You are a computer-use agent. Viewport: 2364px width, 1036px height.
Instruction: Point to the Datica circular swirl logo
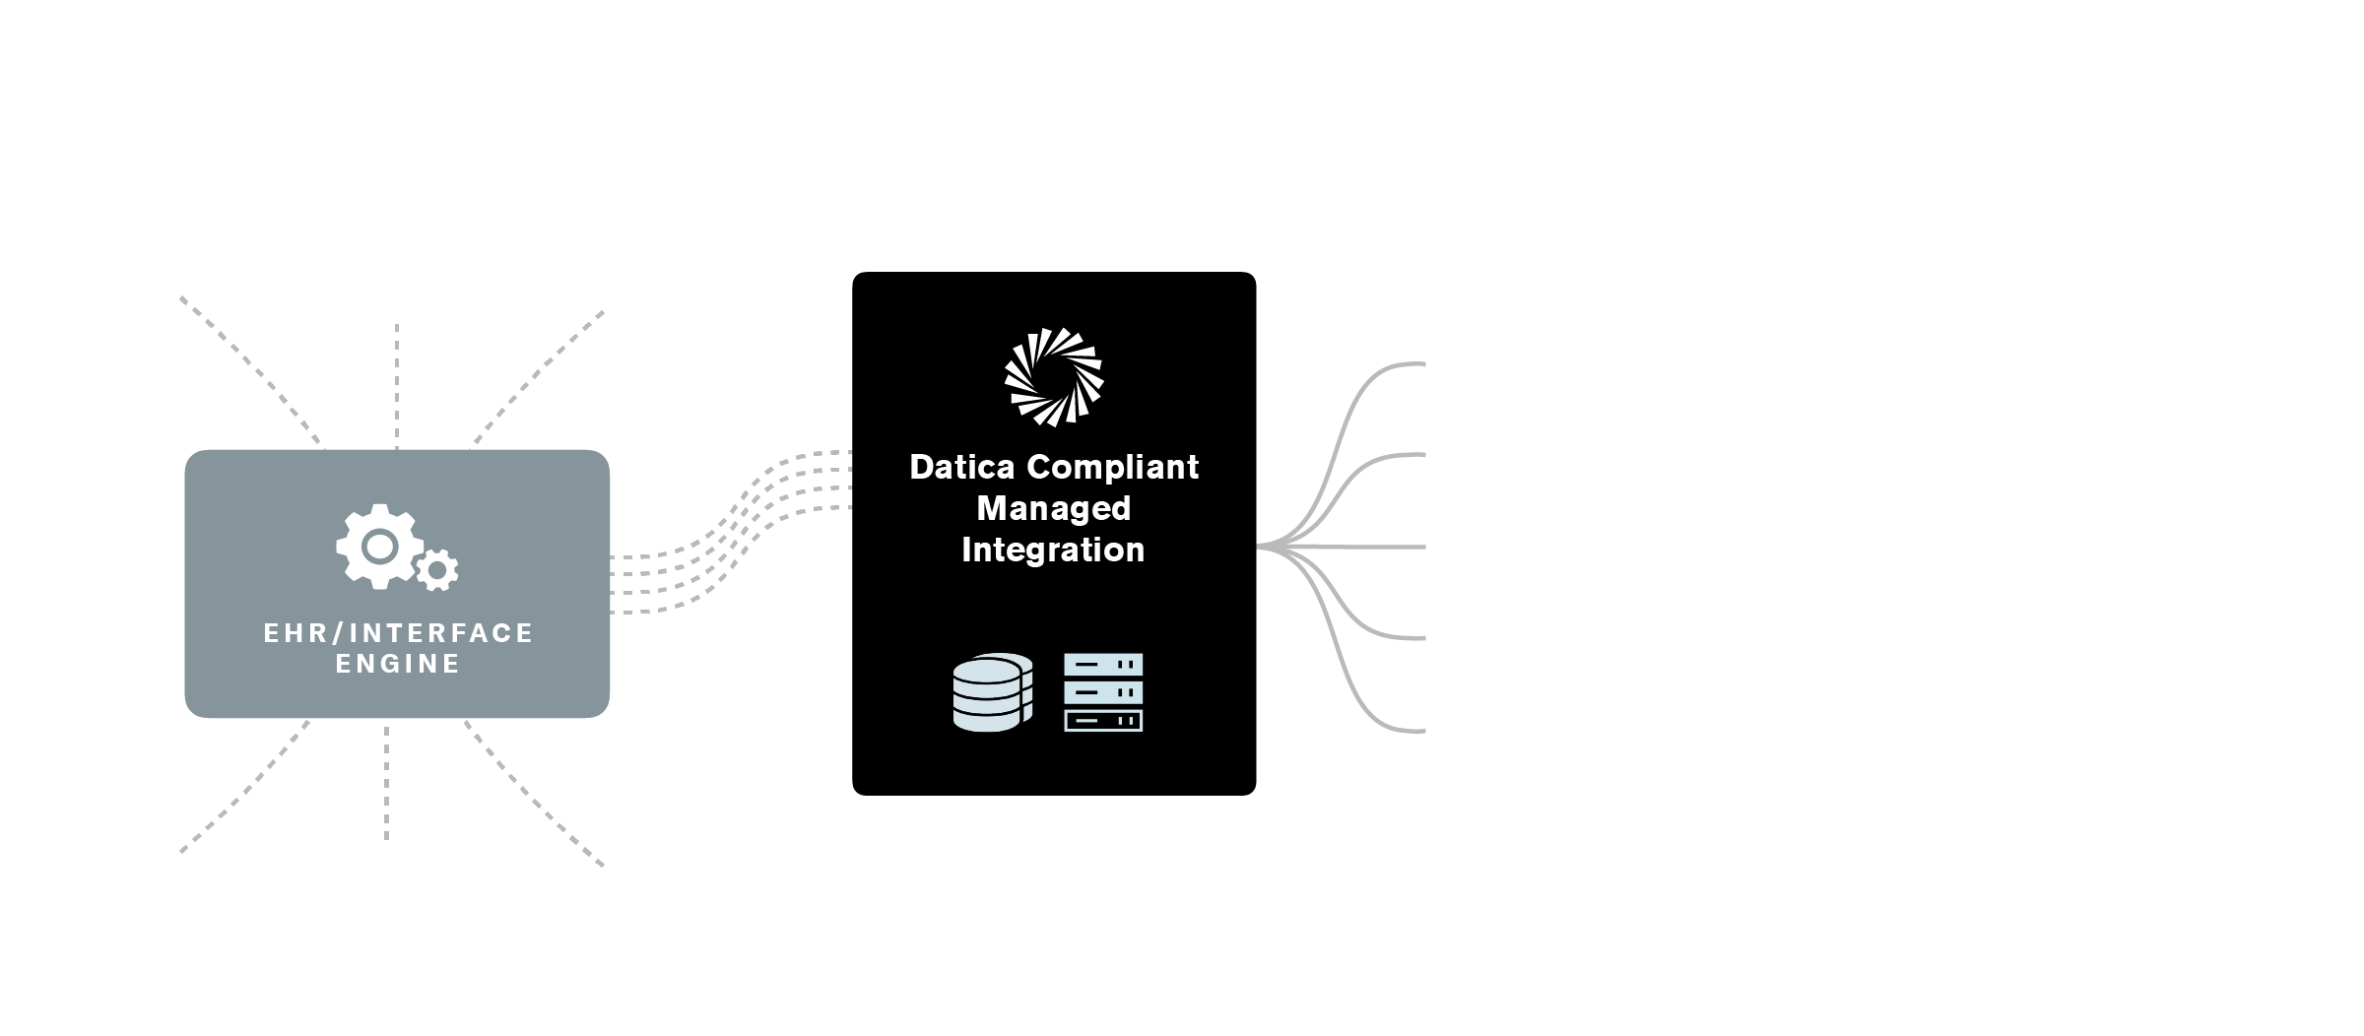click(1053, 377)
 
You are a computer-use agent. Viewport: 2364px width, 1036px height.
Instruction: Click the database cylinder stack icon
click(993, 693)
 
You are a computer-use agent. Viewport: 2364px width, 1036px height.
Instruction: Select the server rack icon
click(1103, 692)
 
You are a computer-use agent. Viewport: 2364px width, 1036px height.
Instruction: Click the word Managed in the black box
click(1053, 508)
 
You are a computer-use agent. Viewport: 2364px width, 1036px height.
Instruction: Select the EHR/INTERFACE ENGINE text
click(398, 648)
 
